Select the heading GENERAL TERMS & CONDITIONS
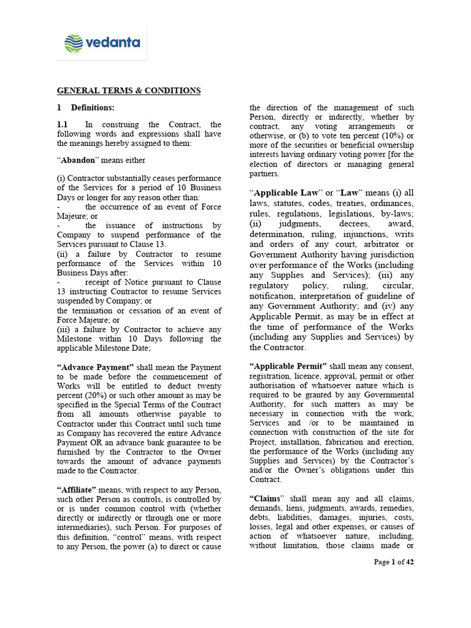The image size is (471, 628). coord(129,91)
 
